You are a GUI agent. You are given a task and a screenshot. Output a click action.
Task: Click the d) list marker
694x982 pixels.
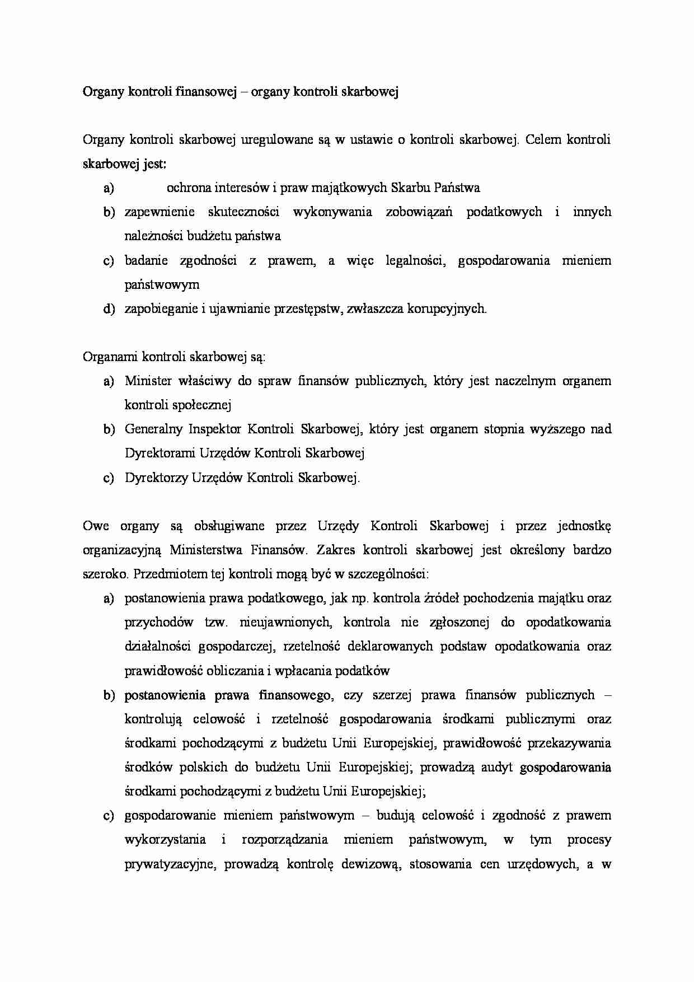[109, 309]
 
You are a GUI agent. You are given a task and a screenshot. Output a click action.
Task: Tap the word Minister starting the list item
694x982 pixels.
[148, 381]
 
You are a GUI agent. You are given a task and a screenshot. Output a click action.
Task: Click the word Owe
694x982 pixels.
[96, 526]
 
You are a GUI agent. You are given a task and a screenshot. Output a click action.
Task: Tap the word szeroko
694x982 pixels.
[105, 574]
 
